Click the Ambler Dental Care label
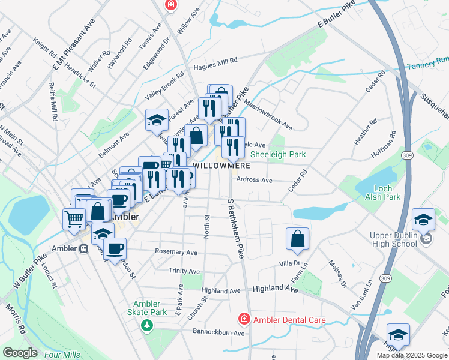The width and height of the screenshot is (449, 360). pos(289,320)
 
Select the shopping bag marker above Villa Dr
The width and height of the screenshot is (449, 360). pos(297,238)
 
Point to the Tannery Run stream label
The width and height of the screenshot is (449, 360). pos(427,64)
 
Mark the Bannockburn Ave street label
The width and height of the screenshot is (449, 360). pos(218,332)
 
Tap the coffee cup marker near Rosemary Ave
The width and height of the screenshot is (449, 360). pos(115,247)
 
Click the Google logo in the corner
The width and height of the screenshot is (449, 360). pos(19,353)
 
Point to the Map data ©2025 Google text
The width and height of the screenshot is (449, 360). pos(411,355)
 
